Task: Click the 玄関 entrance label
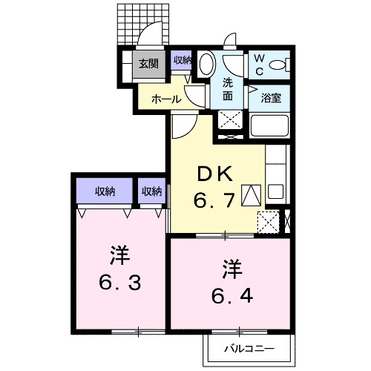pos(148,64)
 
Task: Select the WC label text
pos(260,63)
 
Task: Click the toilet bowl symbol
pos(280,65)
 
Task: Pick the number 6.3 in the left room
pos(119,281)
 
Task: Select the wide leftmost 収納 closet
pos(105,191)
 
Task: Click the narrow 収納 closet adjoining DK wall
pos(151,191)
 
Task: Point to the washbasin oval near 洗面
pos(208,62)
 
